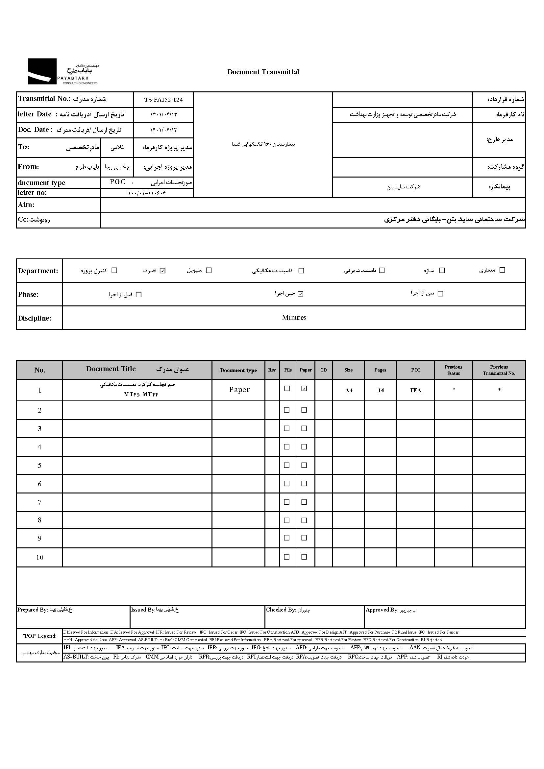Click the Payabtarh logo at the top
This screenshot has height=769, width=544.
(62, 71)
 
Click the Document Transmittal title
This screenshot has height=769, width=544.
(263, 72)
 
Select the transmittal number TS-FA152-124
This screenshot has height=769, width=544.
(163, 100)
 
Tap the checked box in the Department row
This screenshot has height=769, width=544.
(163, 271)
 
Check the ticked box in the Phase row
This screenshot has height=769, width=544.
(301, 294)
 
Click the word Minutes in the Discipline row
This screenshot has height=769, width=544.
(294, 318)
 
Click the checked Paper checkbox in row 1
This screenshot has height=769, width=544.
(304, 389)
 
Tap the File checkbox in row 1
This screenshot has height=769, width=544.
(287, 389)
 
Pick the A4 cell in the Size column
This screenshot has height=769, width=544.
(349, 390)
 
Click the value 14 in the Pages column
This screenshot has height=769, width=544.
(381, 390)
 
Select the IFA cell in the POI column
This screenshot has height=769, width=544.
(415, 390)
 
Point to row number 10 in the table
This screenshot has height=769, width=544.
(39, 557)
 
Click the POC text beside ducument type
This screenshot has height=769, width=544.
(117, 182)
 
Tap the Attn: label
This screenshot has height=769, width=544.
(26, 205)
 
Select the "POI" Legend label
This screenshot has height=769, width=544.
(39, 636)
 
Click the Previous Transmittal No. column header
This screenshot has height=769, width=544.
(499, 370)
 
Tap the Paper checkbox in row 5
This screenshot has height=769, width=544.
(304, 465)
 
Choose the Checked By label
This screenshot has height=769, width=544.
(281, 610)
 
